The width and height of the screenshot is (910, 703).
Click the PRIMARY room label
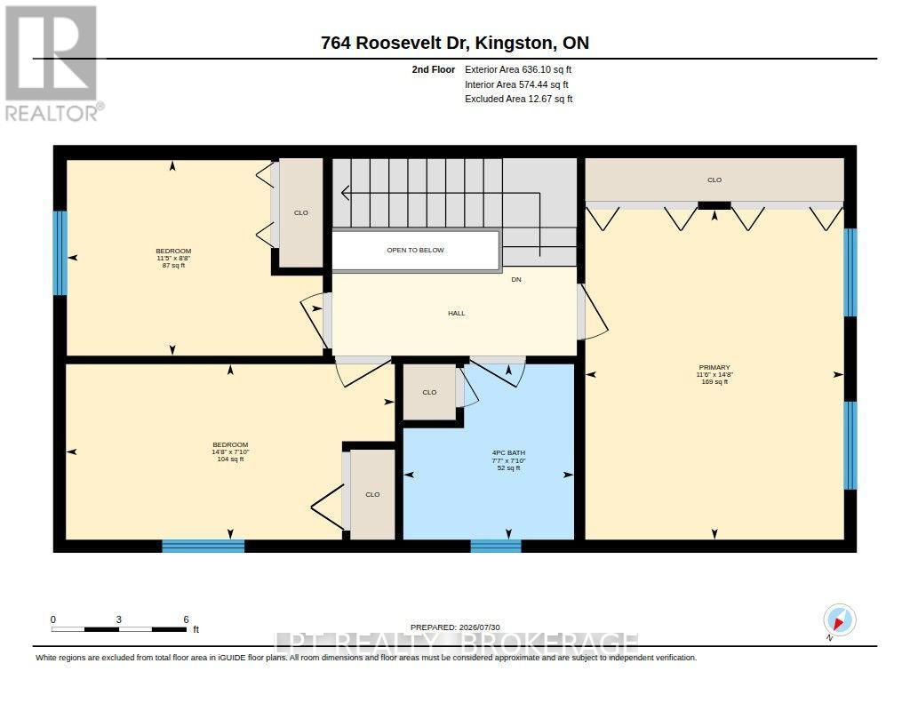(714, 367)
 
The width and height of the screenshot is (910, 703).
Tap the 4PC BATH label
(508, 452)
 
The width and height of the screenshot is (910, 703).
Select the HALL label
(456, 314)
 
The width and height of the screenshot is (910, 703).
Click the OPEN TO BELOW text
(415, 251)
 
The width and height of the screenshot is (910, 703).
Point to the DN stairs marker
(516, 280)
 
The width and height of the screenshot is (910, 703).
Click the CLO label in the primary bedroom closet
(714, 180)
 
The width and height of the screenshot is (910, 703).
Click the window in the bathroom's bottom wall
(496, 546)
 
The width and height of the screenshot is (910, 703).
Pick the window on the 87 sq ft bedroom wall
(60, 252)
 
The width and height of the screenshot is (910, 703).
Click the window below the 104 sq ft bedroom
(204, 546)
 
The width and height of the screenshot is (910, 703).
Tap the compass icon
(839, 620)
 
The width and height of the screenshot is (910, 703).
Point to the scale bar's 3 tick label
(118, 619)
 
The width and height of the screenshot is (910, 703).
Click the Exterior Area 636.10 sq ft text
(518, 69)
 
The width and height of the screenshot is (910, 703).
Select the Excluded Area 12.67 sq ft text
(518, 100)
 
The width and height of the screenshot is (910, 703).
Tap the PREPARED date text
(455, 627)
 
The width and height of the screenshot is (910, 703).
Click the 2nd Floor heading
(433, 69)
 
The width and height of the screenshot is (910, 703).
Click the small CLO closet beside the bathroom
(429, 393)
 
